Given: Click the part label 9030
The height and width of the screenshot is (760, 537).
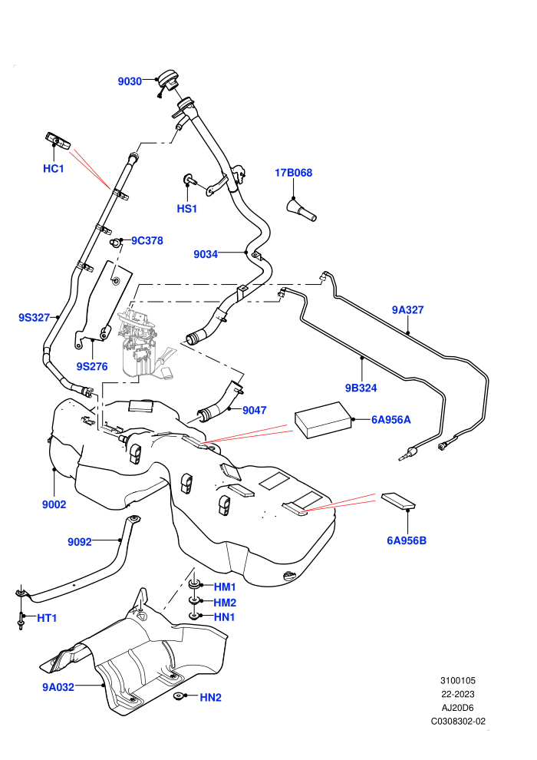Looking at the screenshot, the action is pyautogui.click(x=130, y=81).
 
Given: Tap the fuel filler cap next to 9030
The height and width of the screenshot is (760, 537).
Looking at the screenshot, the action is pyautogui.click(x=168, y=80).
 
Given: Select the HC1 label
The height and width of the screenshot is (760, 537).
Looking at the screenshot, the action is pyautogui.click(x=53, y=169).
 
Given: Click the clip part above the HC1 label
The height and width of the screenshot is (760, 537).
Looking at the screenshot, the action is pyautogui.click(x=58, y=141).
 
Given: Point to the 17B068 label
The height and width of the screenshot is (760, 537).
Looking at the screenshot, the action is pyautogui.click(x=294, y=173).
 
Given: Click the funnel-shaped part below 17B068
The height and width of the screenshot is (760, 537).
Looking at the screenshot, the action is pyautogui.click(x=301, y=210).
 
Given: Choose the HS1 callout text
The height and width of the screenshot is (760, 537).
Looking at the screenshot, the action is pyautogui.click(x=187, y=209).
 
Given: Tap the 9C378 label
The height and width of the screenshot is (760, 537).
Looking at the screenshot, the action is pyautogui.click(x=147, y=241).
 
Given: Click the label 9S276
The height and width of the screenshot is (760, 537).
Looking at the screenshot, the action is pyautogui.click(x=92, y=366).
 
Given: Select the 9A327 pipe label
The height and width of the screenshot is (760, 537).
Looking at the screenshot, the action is pyautogui.click(x=407, y=310).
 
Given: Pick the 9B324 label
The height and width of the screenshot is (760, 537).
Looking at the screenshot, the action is pyautogui.click(x=361, y=388).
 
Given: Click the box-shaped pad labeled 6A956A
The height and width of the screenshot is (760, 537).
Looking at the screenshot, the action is pyautogui.click(x=323, y=420).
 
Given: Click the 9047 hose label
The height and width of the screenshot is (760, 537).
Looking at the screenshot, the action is pyautogui.click(x=254, y=411).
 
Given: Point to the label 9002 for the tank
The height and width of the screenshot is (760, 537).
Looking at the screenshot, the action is pyautogui.click(x=54, y=504).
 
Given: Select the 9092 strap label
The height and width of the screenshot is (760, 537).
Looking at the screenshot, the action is pyautogui.click(x=80, y=542).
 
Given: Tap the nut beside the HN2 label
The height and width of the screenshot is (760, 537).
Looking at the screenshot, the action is pyautogui.click(x=179, y=696).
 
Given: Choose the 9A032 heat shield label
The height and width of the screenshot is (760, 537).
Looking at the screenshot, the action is pyautogui.click(x=58, y=687).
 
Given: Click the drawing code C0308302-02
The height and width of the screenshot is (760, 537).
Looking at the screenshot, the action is pyautogui.click(x=458, y=721).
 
